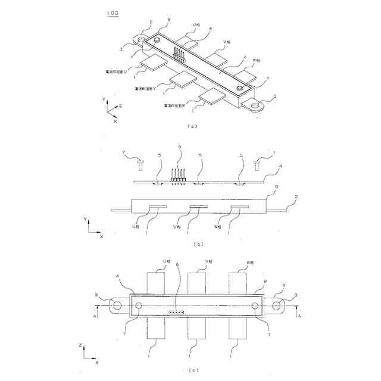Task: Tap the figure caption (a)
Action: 190,126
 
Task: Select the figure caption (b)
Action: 190,243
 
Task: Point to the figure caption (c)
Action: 190,370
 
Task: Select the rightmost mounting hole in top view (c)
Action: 277,305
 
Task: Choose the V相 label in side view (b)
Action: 176,227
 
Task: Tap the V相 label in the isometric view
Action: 226,42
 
